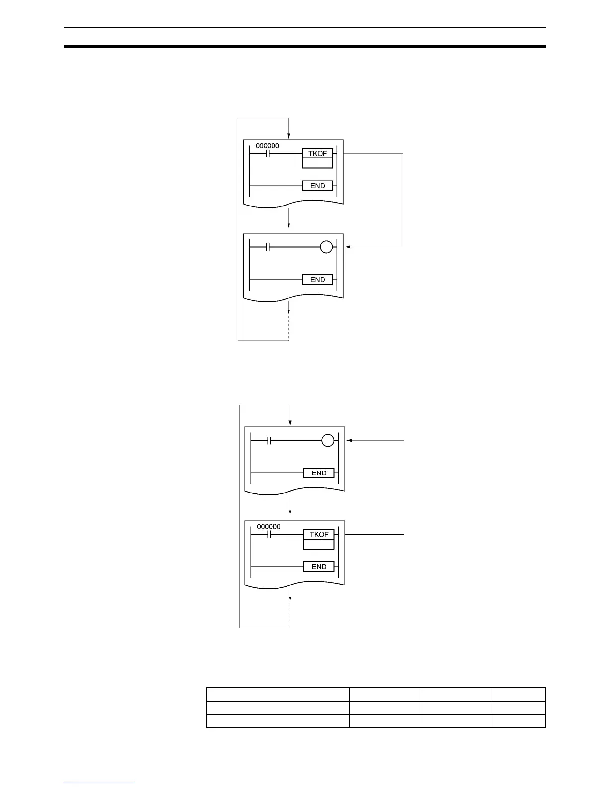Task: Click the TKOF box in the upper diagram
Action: coord(317,153)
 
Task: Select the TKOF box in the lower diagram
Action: coord(319,534)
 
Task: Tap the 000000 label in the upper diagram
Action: coord(267,146)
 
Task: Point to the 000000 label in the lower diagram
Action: coord(269,527)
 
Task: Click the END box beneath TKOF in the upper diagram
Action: coord(317,186)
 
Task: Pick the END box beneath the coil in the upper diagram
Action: coord(317,280)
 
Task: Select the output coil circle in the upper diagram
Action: coord(326,247)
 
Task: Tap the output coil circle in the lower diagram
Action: coord(328,440)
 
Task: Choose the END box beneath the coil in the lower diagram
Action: coord(319,473)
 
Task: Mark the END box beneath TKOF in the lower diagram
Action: coord(319,567)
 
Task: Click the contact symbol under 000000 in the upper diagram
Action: coord(267,154)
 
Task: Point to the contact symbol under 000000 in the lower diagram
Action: coord(269,535)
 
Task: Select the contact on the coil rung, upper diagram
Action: coord(267,247)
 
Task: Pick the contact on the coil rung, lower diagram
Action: coord(269,440)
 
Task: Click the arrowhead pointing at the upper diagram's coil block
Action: coord(348,247)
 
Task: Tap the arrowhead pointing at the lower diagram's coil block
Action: coord(350,440)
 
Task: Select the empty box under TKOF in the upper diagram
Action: coord(317,163)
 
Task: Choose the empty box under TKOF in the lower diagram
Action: coord(319,544)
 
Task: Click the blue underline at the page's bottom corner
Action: coord(98,783)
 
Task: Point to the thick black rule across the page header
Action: coord(304,47)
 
